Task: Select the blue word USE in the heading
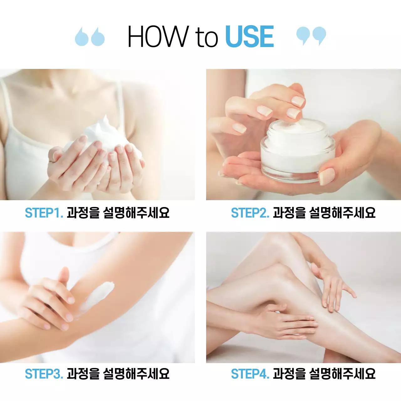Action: (x=249, y=37)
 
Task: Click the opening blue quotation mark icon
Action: (x=90, y=37)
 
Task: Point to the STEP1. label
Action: (x=44, y=213)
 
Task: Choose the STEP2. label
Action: (x=250, y=213)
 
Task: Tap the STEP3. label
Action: (x=44, y=374)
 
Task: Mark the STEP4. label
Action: (x=250, y=374)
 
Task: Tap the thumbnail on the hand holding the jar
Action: (x=326, y=176)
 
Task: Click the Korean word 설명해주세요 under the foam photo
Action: (x=136, y=213)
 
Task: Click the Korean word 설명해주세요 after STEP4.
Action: (x=342, y=374)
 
